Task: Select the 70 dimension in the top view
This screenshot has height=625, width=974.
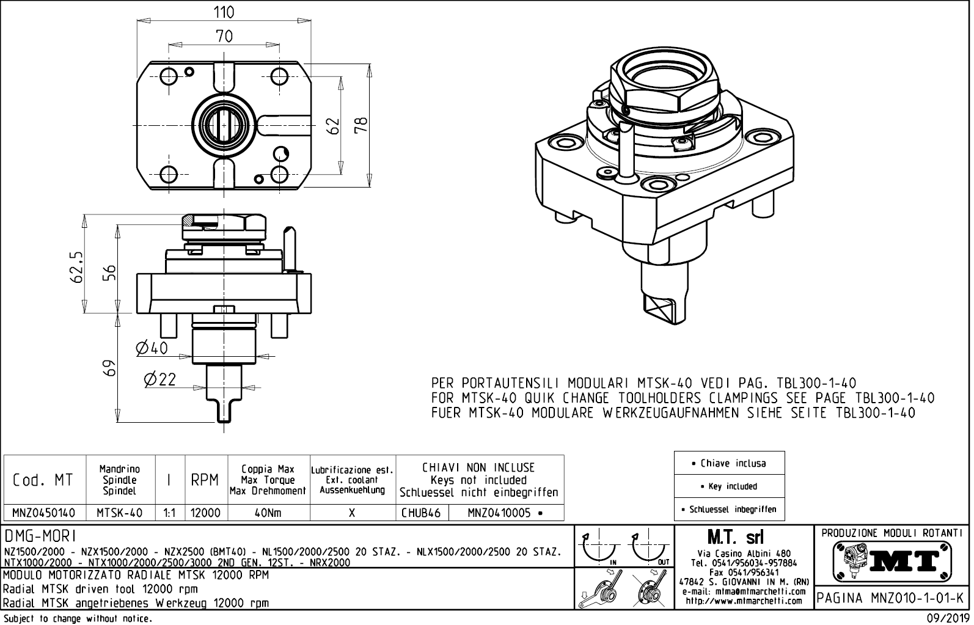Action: [x=224, y=36]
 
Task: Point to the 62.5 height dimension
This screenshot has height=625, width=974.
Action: [x=76, y=266]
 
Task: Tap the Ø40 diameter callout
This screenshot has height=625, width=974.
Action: [x=152, y=348]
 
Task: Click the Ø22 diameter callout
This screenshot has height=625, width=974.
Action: [x=159, y=380]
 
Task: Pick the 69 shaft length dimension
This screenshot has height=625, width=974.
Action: [x=109, y=368]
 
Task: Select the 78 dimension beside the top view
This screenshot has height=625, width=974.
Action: [x=361, y=125]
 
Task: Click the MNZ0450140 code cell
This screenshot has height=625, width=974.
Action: [x=44, y=513]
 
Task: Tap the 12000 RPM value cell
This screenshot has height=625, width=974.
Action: [x=205, y=513]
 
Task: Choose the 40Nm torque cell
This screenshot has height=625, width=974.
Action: [x=268, y=513]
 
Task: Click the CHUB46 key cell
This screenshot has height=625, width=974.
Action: [x=421, y=513]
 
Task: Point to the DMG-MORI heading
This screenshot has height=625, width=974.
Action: [x=40, y=536]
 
